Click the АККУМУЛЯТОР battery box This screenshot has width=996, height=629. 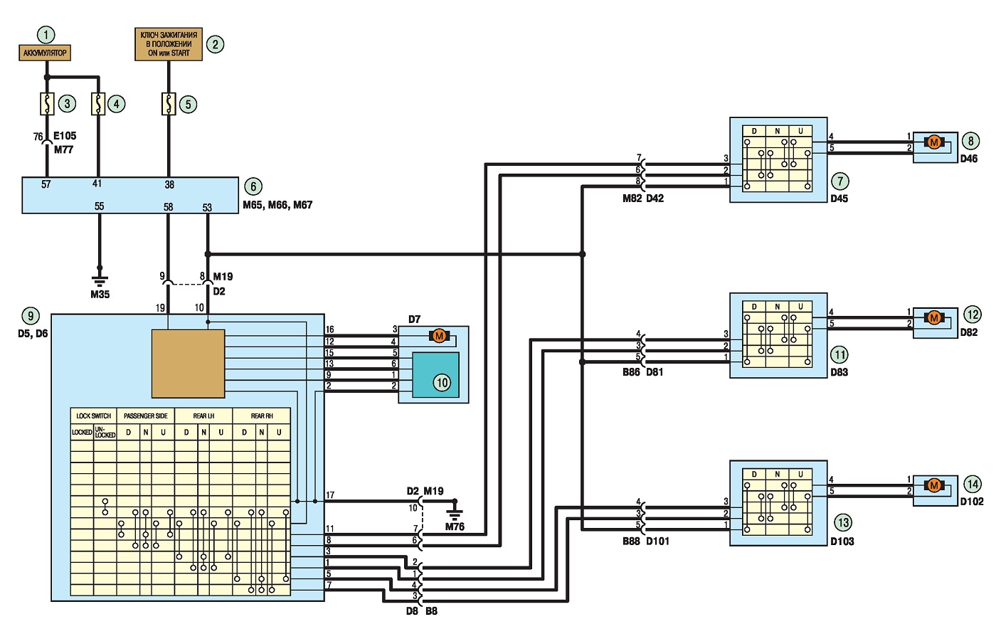point(44,53)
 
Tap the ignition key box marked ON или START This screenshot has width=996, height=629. point(169,44)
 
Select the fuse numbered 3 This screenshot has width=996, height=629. point(47,104)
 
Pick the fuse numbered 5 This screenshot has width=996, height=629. point(169,104)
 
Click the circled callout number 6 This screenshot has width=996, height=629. point(253,186)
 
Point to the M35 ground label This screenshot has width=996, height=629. point(100,295)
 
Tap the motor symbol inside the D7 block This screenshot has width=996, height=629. point(440,336)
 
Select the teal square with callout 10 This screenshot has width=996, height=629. point(435,375)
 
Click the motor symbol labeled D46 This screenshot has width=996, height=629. point(933,142)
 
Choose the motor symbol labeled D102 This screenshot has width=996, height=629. point(933,485)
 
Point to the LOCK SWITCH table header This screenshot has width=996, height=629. point(93,416)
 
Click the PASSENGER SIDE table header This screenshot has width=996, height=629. point(146,416)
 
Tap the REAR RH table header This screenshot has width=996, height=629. point(262,416)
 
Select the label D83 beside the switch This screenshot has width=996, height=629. point(839,372)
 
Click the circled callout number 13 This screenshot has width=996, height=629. point(844,522)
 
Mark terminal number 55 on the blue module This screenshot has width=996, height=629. point(99,206)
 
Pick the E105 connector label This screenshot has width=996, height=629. point(65,136)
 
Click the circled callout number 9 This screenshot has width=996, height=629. point(31,317)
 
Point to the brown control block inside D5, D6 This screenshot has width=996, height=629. point(188,364)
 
